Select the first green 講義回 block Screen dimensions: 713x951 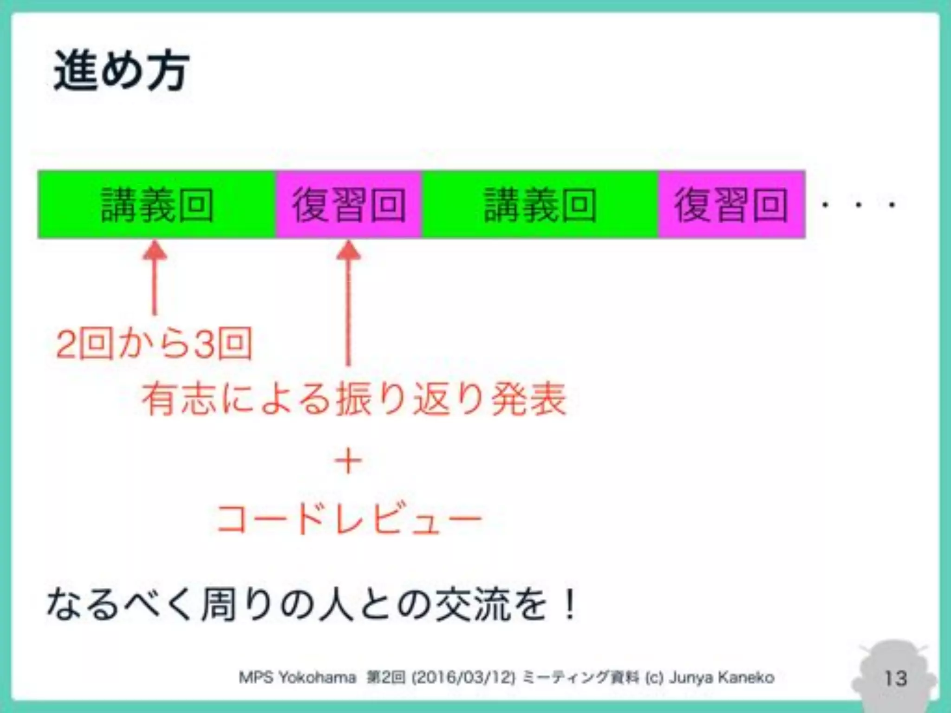pos(157,205)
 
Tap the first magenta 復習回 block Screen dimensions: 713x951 pos(349,205)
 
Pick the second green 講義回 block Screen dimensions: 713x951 pos(540,205)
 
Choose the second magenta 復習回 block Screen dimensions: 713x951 pos(731,205)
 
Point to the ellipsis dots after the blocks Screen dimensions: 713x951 pos(858,205)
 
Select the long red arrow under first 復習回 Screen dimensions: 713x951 pos(349,302)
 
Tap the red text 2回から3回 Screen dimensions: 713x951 pos(154,344)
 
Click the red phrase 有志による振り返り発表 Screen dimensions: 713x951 pos(354,399)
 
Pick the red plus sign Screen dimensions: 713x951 pos(348,461)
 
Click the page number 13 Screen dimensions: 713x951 pos(895,678)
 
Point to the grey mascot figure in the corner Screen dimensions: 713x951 pos(894,668)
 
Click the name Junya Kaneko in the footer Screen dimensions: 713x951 pos(721,678)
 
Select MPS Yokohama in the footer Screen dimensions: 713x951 pos(297,678)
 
